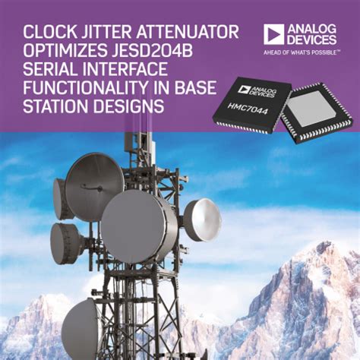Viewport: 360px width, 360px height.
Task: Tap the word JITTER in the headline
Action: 108,32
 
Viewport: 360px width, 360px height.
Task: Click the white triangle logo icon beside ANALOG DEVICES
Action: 274,33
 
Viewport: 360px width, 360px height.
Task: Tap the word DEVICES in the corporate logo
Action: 312,39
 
